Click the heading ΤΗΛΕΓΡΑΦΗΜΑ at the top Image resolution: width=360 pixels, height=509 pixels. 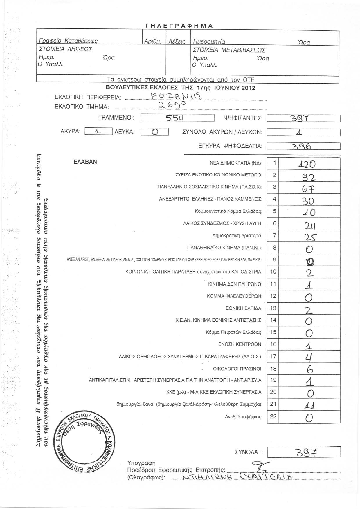[x=179, y=26]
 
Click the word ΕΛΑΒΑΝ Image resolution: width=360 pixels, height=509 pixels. [x=85, y=162]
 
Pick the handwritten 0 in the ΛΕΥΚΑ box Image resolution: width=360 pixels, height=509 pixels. [x=155, y=132]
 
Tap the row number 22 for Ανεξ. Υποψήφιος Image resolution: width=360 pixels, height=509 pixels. [x=273, y=416]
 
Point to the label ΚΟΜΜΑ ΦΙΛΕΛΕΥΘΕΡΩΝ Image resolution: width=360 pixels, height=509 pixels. [x=234, y=296]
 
